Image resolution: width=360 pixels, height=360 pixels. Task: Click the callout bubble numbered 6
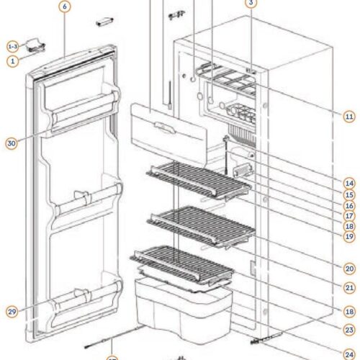pyautogui.click(x=64, y=6)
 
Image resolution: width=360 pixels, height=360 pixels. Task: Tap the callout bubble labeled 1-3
pyautogui.click(x=12, y=45)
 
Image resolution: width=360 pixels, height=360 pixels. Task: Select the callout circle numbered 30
pyautogui.click(x=11, y=143)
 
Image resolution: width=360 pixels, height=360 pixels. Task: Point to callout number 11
pyautogui.click(x=348, y=115)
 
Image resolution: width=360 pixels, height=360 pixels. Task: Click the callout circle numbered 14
pyautogui.click(x=348, y=183)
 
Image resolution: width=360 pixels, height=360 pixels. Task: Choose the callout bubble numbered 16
pyautogui.click(x=348, y=204)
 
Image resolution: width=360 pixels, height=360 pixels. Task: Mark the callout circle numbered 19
pyautogui.click(x=348, y=236)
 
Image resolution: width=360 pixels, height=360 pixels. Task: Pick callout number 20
pyautogui.click(x=348, y=267)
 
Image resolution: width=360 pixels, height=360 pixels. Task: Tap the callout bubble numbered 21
pyautogui.click(x=348, y=287)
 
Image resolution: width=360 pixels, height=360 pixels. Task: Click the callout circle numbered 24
pyautogui.click(x=348, y=353)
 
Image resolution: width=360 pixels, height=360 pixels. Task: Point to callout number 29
pyautogui.click(x=11, y=311)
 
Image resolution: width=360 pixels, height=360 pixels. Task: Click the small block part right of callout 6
pyautogui.click(x=105, y=22)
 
